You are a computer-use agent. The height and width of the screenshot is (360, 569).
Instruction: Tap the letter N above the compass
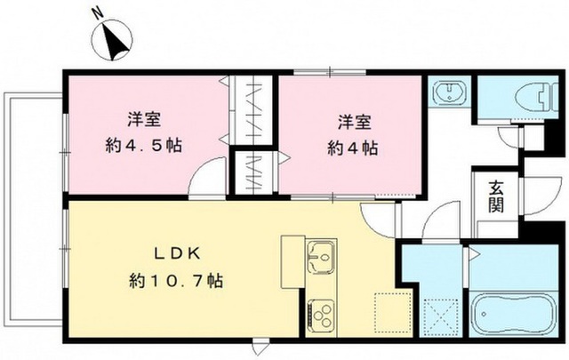(x=97, y=13)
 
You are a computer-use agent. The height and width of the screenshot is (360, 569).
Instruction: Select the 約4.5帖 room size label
(x=144, y=146)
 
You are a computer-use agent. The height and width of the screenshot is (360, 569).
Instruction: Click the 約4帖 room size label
(x=353, y=148)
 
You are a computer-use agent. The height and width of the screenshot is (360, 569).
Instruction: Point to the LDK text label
(x=177, y=253)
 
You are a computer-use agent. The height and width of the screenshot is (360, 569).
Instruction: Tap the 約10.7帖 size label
(x=176, y=281)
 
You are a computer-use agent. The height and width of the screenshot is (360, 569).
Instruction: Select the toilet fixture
(x=536, y=97)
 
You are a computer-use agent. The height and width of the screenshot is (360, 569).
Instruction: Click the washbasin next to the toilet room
(x=449, y=92)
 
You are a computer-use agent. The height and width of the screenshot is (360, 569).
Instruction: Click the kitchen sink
(x=321, y=257)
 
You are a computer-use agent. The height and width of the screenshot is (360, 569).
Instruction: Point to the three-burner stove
(x=321, y=313)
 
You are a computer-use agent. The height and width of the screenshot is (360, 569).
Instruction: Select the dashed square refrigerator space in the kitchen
(x=393, y=313)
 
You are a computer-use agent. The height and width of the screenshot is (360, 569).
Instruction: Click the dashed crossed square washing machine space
(x=441, y=316)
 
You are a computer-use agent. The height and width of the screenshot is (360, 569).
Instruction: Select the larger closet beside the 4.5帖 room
(x=253, y=111)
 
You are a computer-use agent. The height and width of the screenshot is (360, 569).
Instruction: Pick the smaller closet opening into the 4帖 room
(x=253, y=172)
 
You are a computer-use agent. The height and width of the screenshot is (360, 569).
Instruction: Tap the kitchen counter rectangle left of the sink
(x=293, y=261)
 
